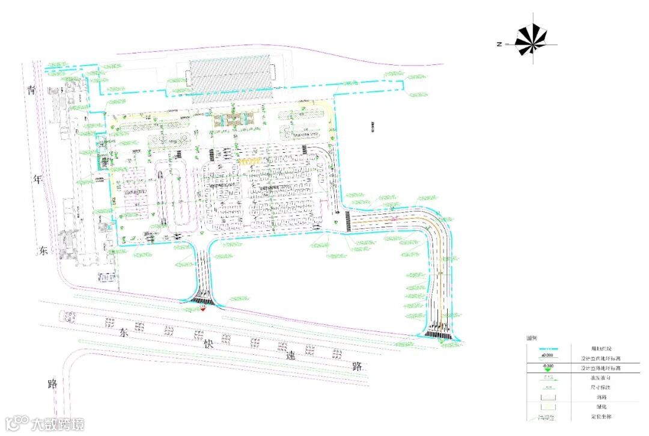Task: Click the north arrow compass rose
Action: [532, 42]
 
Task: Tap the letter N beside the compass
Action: [499, 44]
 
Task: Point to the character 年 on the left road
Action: [38, 180]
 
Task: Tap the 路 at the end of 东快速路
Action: [358, 366]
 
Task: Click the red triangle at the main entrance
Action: [203, 309]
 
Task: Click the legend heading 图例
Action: [531, 339]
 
